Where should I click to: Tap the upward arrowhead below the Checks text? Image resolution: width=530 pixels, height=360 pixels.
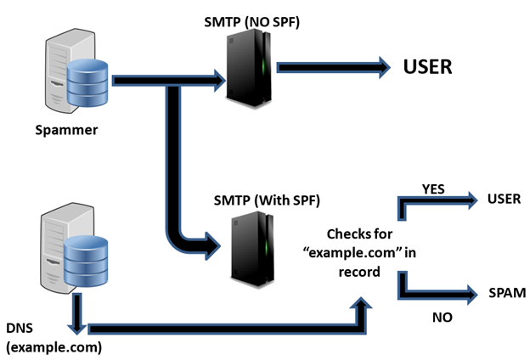[x=362, y=302]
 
